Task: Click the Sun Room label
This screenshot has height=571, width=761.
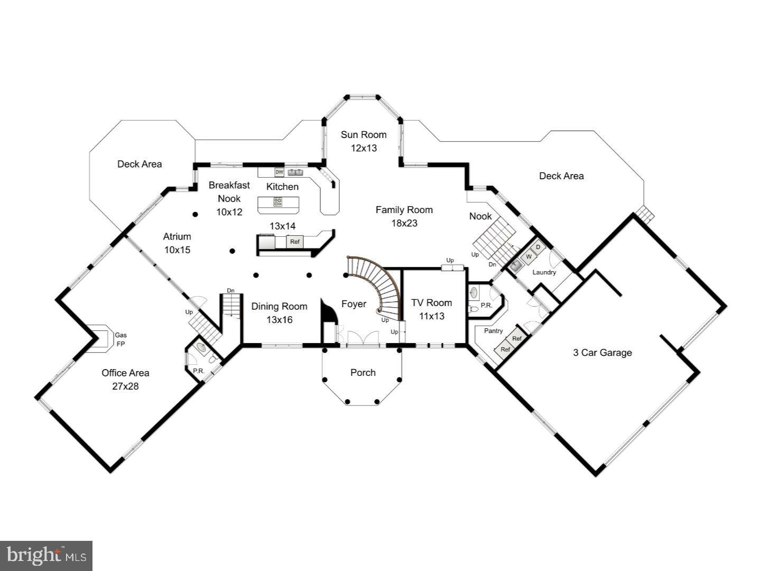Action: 363,134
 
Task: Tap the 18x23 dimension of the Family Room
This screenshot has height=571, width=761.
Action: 404,223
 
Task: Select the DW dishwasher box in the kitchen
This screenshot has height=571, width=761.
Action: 279,172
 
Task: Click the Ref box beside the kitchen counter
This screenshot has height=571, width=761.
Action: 295,242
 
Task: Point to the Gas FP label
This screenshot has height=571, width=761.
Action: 121,339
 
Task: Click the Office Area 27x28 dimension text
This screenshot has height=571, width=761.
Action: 125,386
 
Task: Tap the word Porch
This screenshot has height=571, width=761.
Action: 363,372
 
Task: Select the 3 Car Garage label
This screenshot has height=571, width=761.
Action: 602,353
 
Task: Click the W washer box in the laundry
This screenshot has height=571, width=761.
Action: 528,257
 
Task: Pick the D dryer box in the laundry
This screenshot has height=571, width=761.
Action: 538,247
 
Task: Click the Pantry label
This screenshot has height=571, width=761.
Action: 493,331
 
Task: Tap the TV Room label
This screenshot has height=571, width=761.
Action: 432,302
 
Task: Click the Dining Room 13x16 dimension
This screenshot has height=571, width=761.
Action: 279,319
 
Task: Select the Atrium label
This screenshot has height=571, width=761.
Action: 177,236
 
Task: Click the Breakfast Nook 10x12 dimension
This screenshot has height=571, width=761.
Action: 229,212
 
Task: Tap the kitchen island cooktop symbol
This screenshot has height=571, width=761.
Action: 277,201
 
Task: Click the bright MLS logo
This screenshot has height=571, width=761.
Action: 47,556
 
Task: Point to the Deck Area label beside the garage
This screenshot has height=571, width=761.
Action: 561,176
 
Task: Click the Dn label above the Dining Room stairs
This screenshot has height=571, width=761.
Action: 230,291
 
